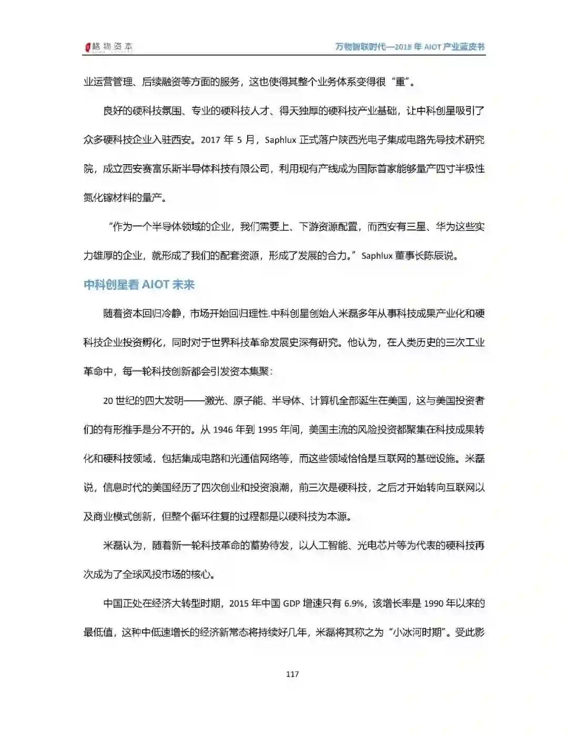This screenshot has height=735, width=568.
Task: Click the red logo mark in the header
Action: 88,47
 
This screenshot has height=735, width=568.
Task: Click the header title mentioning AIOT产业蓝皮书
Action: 410,47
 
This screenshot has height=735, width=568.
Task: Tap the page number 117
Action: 292,674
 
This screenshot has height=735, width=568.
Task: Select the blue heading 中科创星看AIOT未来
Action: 139,285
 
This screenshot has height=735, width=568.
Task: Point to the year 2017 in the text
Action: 210,140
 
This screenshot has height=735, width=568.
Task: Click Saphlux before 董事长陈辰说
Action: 377,256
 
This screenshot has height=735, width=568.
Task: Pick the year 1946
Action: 222,430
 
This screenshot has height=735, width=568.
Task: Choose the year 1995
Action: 268,430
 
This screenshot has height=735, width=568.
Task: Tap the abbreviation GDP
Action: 291,603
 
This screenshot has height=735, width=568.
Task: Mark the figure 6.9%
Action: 354,603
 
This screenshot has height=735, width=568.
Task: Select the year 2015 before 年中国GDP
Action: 239,603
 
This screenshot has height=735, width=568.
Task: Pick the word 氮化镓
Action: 98,198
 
